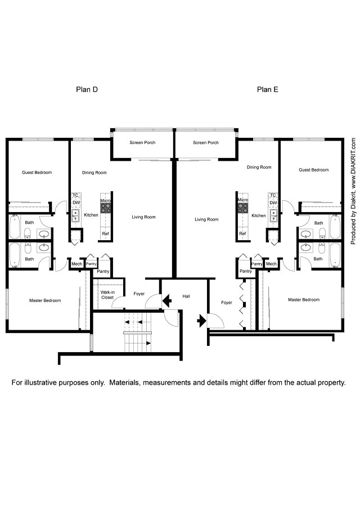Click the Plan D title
coord(87,89)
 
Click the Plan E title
coord(268,89)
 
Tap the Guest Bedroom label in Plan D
coord(37,172)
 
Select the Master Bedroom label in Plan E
coord(304,300)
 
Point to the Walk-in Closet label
coord(107,295)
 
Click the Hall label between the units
coord(186,296)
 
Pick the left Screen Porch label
coord(142,142)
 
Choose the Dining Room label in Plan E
coord(259,167)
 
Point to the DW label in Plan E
coord(273,202)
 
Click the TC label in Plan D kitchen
coord(75,195)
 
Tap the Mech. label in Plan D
coord(76,264)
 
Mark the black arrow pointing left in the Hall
coord(167,302)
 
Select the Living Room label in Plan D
coord(143,217)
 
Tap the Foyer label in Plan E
coord(227,303)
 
